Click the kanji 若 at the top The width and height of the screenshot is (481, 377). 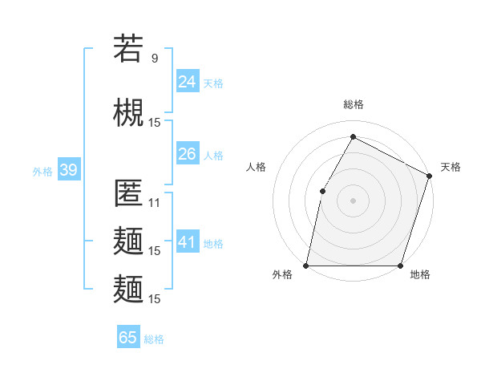[x=128, y=50]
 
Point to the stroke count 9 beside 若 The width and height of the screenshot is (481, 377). [x=155, y=59]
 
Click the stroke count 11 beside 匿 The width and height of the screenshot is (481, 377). [x=155, y=203]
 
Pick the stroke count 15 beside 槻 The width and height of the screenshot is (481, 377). [x=155, y=122]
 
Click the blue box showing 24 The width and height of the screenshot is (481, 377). [x=188, y=82]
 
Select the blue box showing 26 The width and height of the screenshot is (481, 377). [x=188, y=154]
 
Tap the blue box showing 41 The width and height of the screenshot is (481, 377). [x=188, y=242]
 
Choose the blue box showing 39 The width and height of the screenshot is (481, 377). [x=68, y=170]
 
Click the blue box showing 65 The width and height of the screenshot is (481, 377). [x=128, y=338]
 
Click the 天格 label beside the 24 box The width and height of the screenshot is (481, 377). [x=213, y=83]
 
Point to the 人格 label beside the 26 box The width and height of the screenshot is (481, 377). [x=213, y=155]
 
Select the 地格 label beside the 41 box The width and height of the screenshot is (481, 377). [x=213, y=243]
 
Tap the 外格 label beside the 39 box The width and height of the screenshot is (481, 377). [x=42, y=171]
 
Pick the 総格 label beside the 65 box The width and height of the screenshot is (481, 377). [x=154, y=338]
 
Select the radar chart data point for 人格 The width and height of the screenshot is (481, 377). [x=322, y=191]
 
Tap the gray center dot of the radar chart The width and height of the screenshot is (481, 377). [x=353, y=200]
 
